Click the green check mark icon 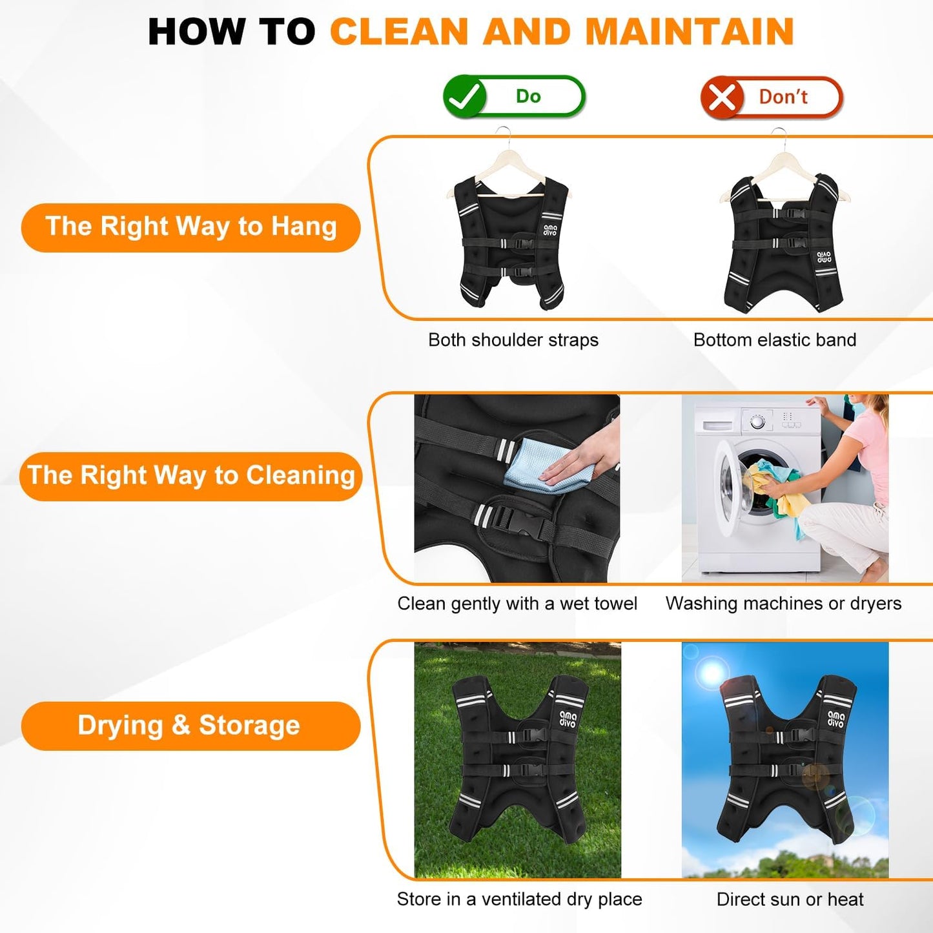(465, 96)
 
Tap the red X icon (723, 97)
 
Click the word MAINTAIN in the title (690, 32)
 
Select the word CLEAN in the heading (399, 32)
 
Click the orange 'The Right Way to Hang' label (190, 227)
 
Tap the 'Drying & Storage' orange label (190, 726)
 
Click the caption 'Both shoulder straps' (513, 340)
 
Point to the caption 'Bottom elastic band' (775, 340)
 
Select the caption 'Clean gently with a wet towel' (517, 604)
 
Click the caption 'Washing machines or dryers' (783, 604)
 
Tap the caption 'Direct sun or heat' (790, 899)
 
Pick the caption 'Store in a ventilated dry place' (520, 899)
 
